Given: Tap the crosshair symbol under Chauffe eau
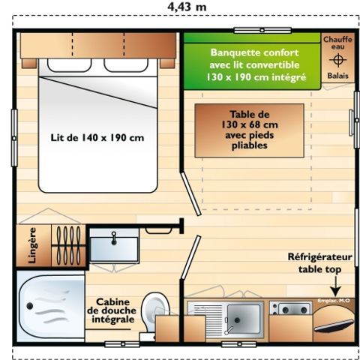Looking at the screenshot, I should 337,60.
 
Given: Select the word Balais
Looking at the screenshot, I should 337,76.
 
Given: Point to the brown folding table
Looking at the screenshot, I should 249,130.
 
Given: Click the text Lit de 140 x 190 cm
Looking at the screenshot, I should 97,138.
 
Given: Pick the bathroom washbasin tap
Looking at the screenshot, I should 114,235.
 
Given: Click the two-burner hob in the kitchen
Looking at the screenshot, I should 289,308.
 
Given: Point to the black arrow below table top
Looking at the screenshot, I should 334,287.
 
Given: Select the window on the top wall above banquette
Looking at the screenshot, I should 262,30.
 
